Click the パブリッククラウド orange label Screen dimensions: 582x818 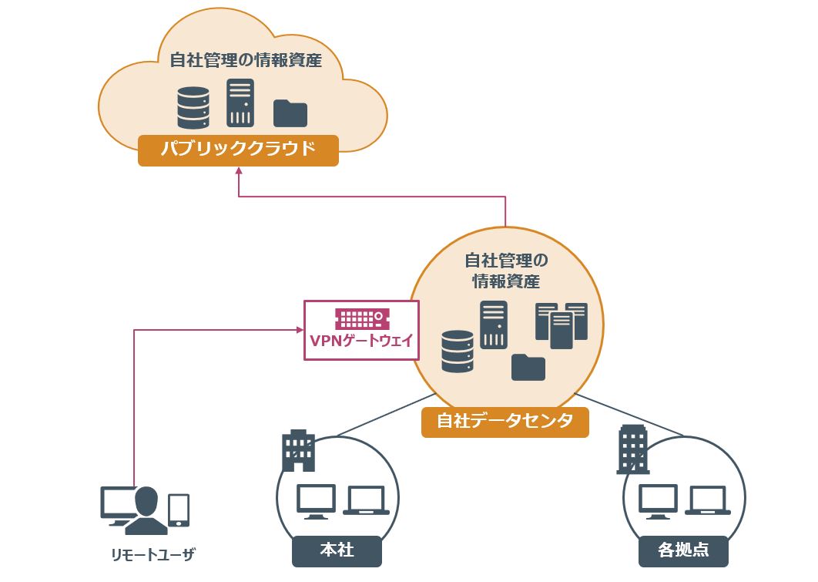coord(239,149)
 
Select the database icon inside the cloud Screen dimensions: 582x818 coord(193,107)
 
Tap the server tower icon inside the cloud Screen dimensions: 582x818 coord(240,103)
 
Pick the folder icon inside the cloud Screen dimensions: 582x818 coord(290,113)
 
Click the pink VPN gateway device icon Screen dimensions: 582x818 coord(361,318)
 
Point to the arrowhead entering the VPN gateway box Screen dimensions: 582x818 coord(300,330)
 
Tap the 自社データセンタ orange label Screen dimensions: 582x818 coord(505,422)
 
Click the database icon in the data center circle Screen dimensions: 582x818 coord(458,352)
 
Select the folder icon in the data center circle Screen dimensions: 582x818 coord(528,367)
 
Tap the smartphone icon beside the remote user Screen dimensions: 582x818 coord(179,510)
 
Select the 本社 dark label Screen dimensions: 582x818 coord(337,550)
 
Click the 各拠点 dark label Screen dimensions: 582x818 coord(683,550)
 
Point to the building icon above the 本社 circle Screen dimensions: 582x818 coord(298,450)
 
